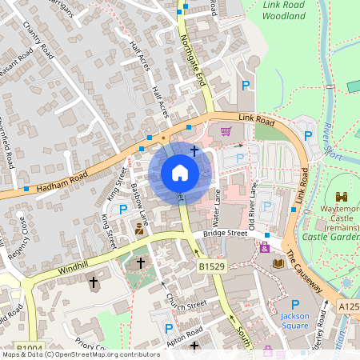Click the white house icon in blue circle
tap(180, 173)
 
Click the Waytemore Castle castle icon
tap(342, 197)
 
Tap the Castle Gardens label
tap(328, 237)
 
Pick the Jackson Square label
tap(294, 321)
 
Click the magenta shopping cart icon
tap(226, 132)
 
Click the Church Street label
tap(186, 304)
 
